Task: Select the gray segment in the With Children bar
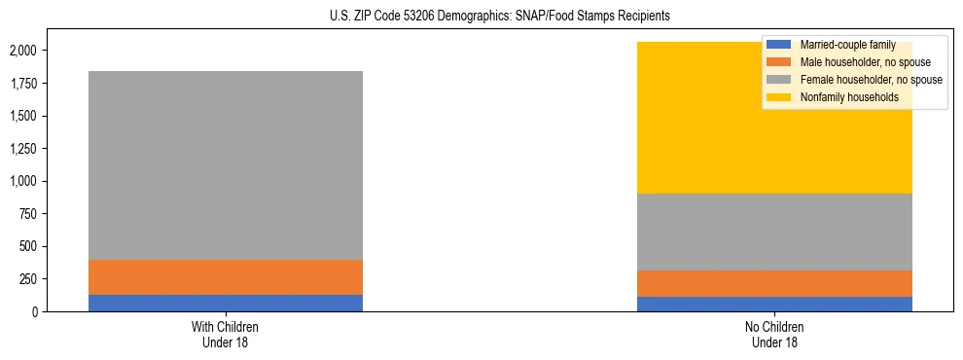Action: coord(225,165)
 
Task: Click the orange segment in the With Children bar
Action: coord(225,277)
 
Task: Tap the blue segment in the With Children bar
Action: coord(225,303)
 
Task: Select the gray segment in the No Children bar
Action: coord(775,232)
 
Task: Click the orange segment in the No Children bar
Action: coord(775,283)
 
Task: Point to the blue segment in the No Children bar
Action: coord(775,304)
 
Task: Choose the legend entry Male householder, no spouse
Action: coord(855,62)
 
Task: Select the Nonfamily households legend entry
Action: coord(841,97)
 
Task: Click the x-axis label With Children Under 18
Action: coord(225,334)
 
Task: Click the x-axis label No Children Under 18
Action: coord(775,334)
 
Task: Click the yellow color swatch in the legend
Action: coord(779,97)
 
